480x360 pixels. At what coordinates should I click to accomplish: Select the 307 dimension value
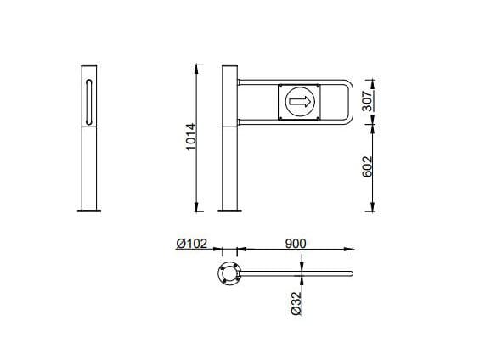pos(369,100)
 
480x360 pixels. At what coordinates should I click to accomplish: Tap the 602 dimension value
pos(369,166)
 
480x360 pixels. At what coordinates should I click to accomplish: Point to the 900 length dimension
pos(295,243)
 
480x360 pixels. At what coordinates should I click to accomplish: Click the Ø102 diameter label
pos(193,244)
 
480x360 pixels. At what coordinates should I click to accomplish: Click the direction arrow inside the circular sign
pos(299,103)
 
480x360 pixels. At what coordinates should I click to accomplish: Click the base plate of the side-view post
pos(88,211)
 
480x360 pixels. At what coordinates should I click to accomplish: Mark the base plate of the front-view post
pos(229,211)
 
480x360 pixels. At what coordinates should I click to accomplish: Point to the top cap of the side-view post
pos(88,65)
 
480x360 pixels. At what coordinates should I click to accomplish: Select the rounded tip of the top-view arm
pos(351,273)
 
